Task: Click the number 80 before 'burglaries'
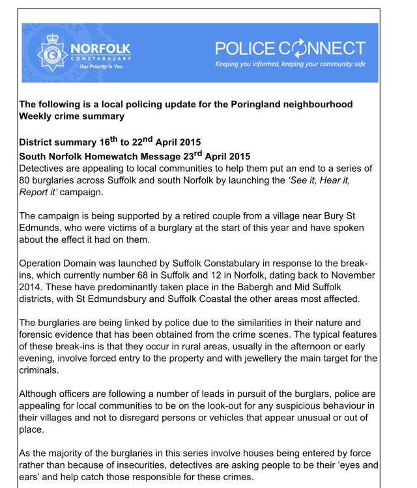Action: click(x=27, y=181)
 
